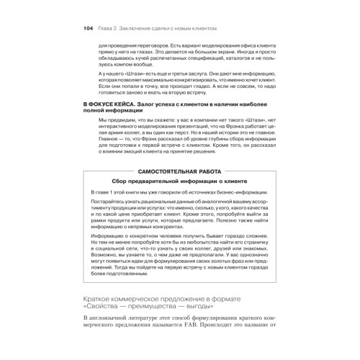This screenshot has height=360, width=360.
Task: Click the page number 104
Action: (x=79, y=29)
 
